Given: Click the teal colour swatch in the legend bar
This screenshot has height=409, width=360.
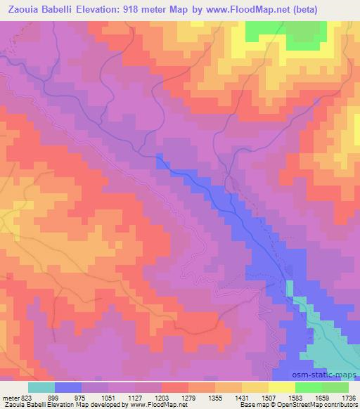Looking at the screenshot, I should click(41, 387).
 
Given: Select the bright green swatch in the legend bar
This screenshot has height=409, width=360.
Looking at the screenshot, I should click(309, 387).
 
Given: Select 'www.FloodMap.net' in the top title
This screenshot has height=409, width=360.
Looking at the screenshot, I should click(247, 10).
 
